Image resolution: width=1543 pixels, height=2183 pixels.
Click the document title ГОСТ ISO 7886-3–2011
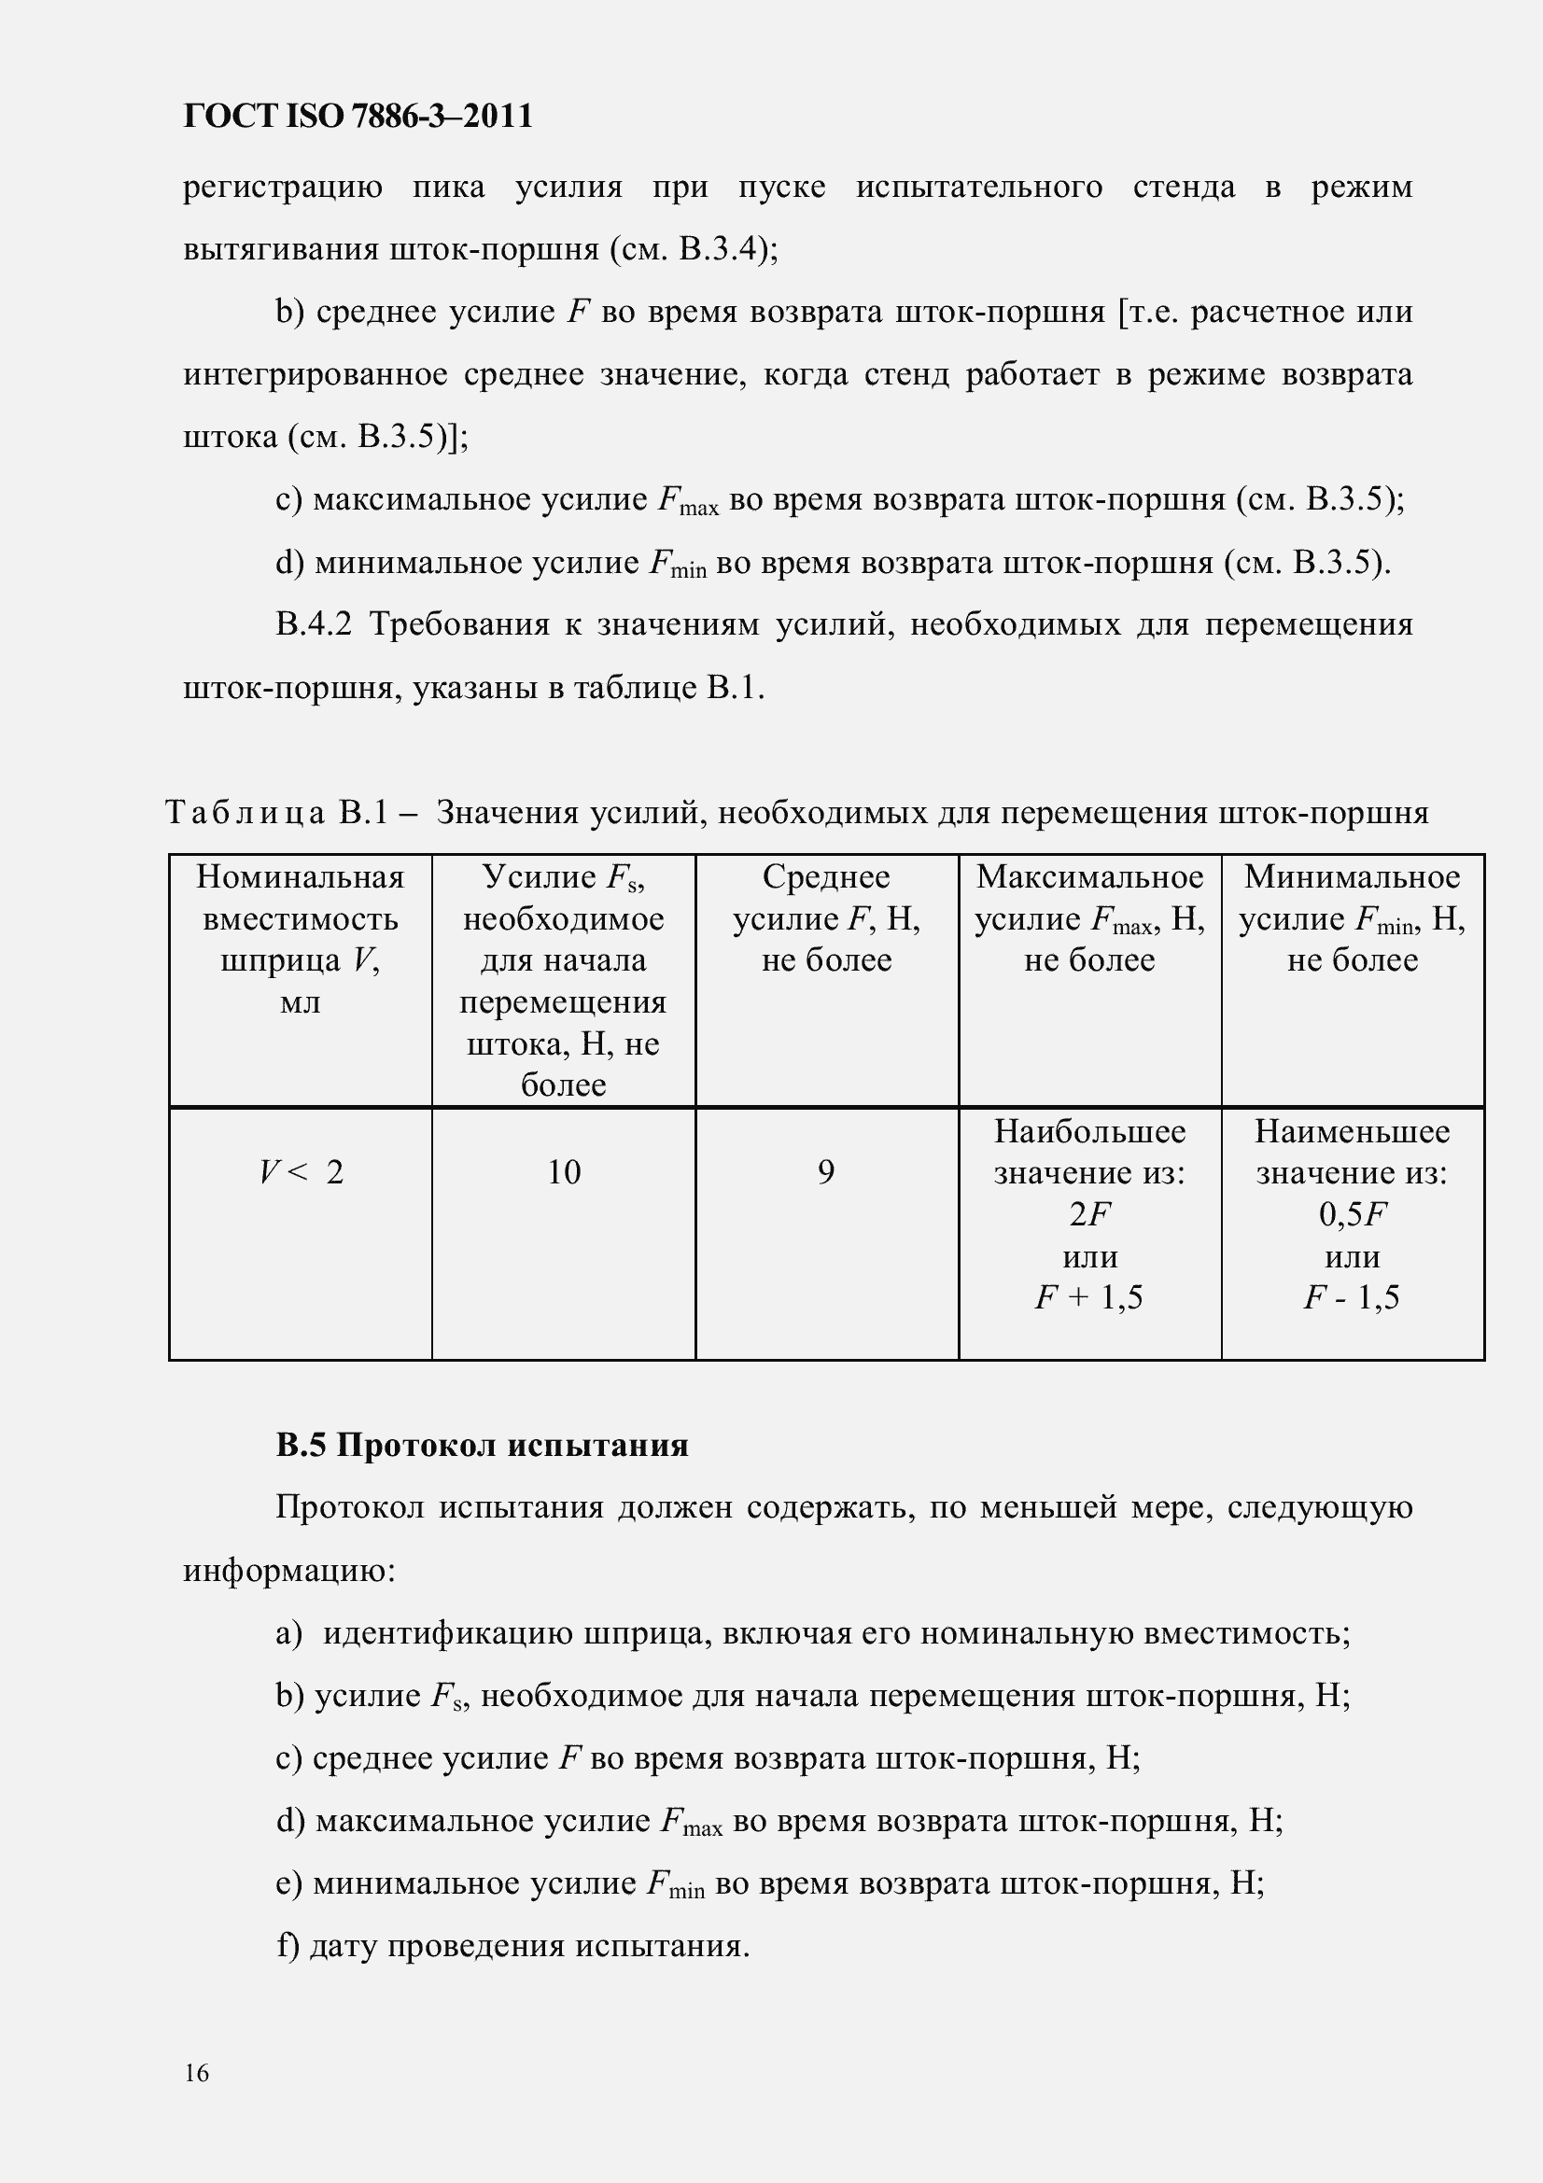click(x=358, y=116)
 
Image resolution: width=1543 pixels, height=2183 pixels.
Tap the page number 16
click(x=197, y=2073)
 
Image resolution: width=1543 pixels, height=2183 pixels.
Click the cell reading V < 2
click(x=301, y=1172)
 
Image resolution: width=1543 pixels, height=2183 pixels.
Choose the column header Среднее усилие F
click(x=826, y=917)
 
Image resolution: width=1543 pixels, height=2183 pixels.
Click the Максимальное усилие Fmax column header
click(x=1089, y=917)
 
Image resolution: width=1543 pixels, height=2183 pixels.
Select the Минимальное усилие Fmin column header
click(x=1352, y=917)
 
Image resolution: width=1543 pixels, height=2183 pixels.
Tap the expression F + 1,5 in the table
click(x=1089, y=1297)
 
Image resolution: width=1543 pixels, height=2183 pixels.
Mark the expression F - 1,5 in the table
click(x=1352, y=1297)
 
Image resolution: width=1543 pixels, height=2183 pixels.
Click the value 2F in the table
click(x=1089, y=1214)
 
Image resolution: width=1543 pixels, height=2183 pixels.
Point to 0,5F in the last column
click(x=1352, y=1214)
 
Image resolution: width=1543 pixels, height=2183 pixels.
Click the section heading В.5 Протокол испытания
click(x=482, y=1445)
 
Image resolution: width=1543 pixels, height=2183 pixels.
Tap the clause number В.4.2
click(x=314, y=624)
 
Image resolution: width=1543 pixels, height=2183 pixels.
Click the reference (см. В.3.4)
click(x=693, y=249)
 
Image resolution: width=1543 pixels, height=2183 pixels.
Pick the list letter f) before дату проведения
click(x=288, y=1945)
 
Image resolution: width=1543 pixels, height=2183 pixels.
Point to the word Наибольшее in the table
click(x=1089, y=1131)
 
